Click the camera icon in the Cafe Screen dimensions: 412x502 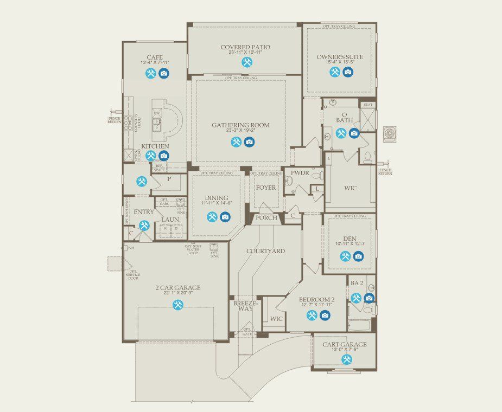pos(164,73)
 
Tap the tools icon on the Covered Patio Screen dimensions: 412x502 pos(246,62)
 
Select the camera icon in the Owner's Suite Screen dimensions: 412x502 pos(348,72)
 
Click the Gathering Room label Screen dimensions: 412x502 pos(240,125)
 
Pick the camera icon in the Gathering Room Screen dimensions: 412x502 pos(249,142)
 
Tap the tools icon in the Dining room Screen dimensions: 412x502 pos(212,217)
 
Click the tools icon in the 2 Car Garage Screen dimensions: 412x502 pos(177,305)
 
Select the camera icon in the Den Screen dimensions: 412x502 pos(358,256)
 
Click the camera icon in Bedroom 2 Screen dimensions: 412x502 pos(325,315)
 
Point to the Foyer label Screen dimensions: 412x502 pos(266,188)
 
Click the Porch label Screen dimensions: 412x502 pos(266,218)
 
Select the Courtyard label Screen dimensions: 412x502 pos(265,251)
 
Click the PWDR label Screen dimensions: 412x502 pos(299,174)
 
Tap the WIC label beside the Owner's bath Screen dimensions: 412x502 pos(351,188)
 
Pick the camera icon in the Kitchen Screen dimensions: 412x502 pos(163,156)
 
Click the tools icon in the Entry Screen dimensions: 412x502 pos(144,225)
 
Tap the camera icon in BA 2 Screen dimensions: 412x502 pos(369,298)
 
